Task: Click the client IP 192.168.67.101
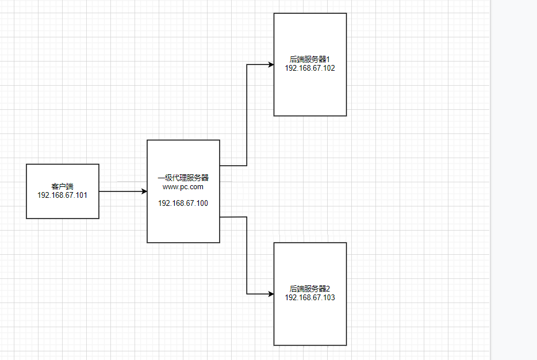coord(62,195)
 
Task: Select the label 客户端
coord(62,187)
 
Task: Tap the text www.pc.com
coord(183,186)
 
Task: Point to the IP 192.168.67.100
coord(183,203)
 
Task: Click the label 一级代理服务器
coord(183,178)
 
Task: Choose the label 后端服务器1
coord(309,59)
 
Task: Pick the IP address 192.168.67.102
coord(310,68)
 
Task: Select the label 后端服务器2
coord(309,289)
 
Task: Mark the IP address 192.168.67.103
coord(310,297)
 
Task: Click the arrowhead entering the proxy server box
coord(144,191)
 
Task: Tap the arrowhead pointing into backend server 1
coord(270,64)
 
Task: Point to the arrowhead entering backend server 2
coord(270,294)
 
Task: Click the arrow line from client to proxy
coord(121,191)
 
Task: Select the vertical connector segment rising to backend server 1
coord(247,115)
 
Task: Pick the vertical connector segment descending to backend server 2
coord(247,256)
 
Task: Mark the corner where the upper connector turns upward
coord(247,166)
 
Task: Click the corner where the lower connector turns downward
coord(247,217)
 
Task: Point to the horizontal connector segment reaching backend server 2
coord(259,294)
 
